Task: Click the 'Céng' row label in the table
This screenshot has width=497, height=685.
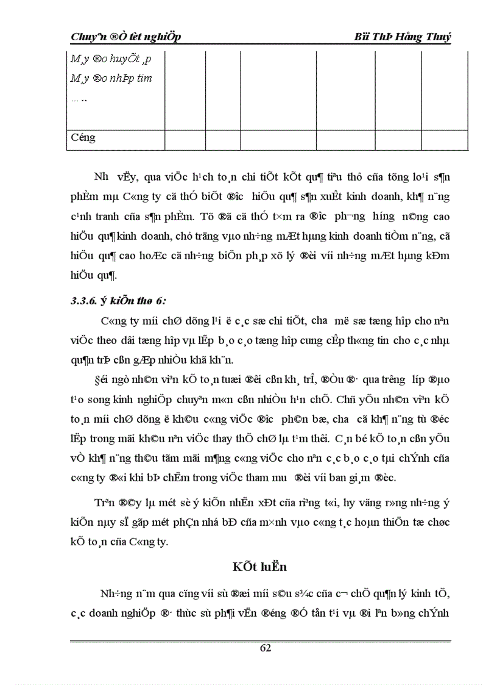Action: [83, 137]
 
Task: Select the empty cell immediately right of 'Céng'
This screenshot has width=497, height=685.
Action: [185, 138]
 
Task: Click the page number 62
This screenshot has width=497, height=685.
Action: [265, 648]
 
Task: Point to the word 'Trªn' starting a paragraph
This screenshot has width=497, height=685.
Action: [104, 503]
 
